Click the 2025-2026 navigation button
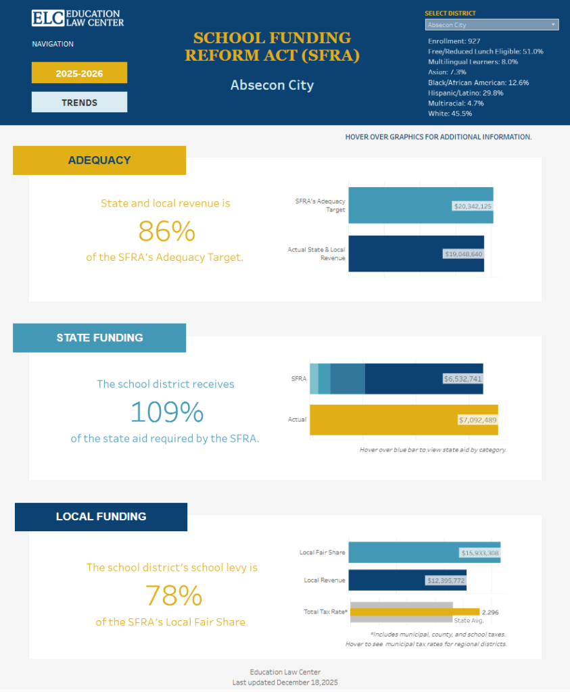[79, 73]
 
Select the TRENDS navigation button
[79, 103]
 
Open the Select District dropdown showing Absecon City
[492, 25]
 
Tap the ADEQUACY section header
[99, 160]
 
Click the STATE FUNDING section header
[99, 338]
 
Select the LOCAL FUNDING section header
[101, 516]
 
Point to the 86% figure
[166, 232]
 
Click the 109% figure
[166, 412]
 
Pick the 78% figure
[174, 595]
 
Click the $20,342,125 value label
[473, 205]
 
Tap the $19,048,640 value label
[464, 254]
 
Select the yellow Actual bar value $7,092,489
[477, 420]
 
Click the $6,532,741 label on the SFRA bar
[462, 378]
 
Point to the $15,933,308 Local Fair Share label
[480, 553]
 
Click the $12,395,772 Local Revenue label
[446, 580]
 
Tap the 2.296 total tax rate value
[490, 612]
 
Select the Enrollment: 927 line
[454, 41]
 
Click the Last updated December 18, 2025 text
[285, 683]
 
